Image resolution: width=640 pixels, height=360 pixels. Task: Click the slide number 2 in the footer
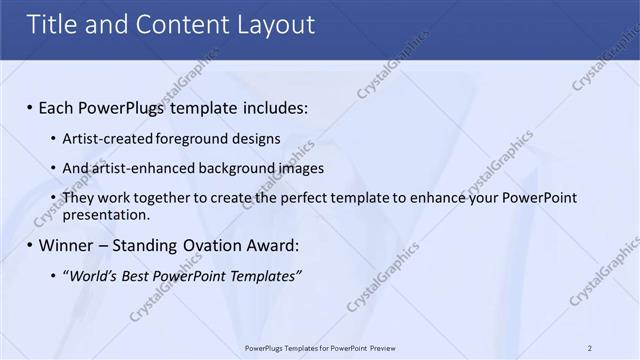[590, 348]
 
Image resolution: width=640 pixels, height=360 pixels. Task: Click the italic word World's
[92, 275]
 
